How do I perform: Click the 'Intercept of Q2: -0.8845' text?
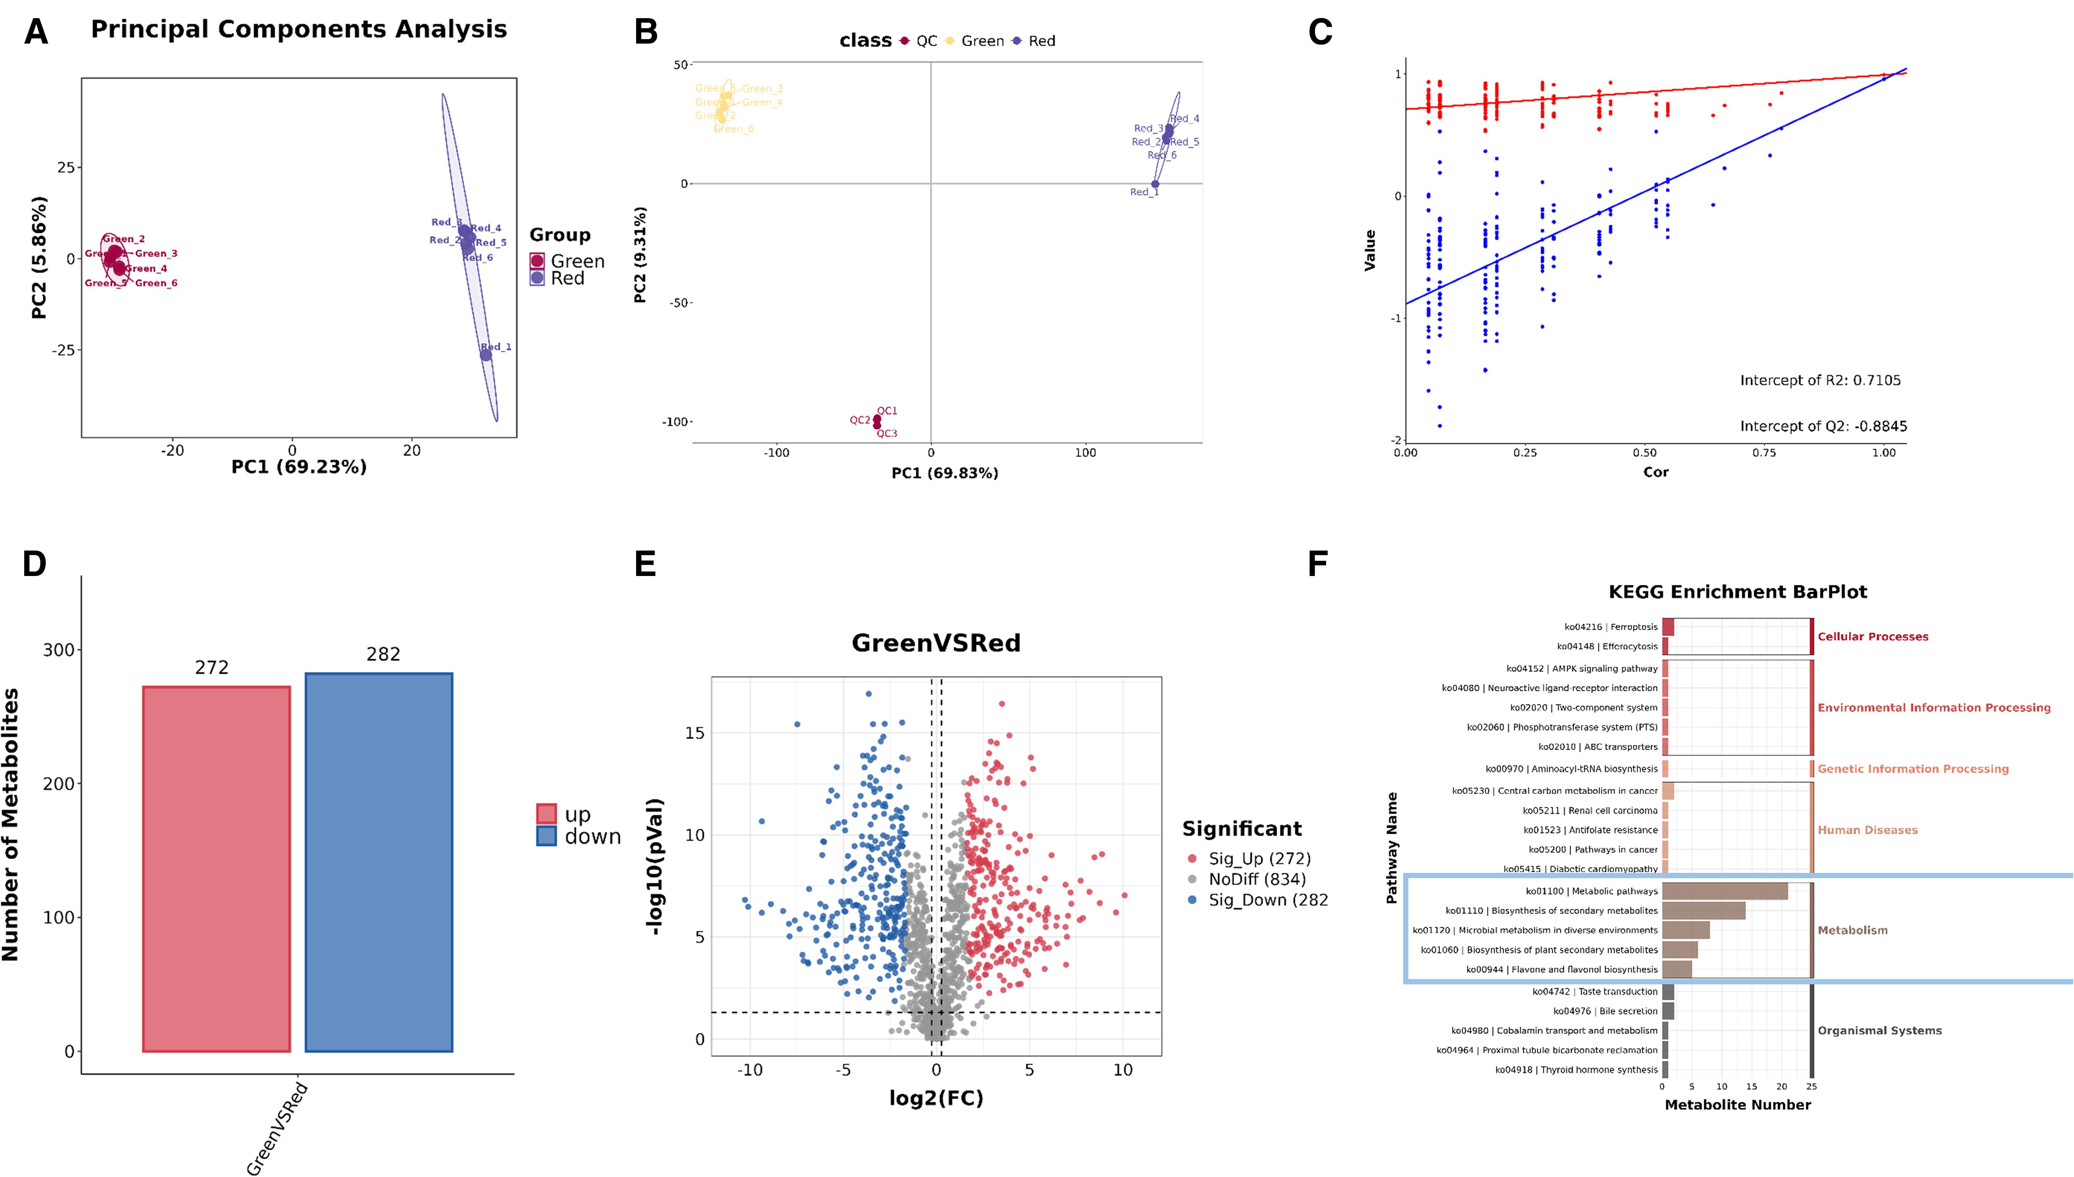point(1823,426)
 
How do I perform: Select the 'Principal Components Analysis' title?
point(298,29)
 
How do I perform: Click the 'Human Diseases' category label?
point(1867,830)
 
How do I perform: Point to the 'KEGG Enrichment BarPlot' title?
point(1737,592)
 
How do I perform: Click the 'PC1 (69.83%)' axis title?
point(944,473)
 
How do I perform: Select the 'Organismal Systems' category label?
point(1879,1031)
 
